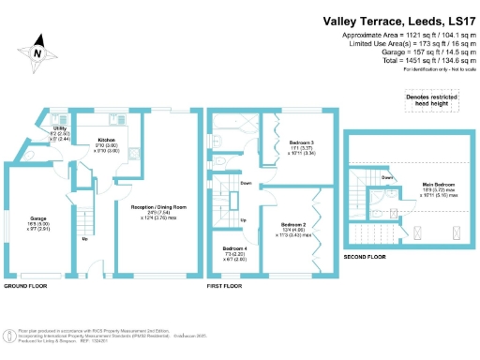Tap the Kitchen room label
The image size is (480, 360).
[106, 141]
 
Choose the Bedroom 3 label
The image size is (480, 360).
[300, 142]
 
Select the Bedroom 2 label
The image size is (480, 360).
[293, 225]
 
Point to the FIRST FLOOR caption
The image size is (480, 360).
[225, 285]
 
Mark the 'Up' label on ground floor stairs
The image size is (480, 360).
[86, 238]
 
